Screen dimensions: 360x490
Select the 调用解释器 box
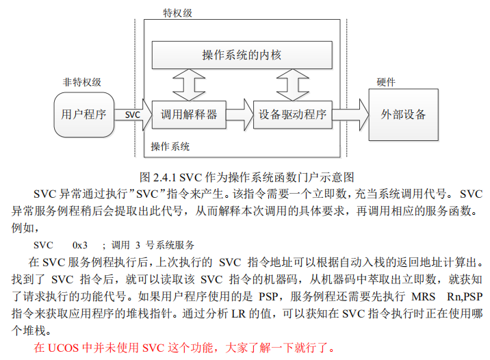pyautogui.click(x=189, y=114)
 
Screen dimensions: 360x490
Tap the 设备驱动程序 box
pyautogui.click(x=293, y=114)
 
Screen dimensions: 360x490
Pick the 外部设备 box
pyautogui.click(x=403, y=114)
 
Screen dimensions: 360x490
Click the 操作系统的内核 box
pyautogui.click(x=242, y=54)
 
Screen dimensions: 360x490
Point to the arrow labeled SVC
pyautogui.click(x=133, y=114)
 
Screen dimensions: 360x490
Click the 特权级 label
pyautogui.click(x=177, y=14)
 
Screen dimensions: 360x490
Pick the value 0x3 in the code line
pyautogui.click(x=80, y=244)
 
